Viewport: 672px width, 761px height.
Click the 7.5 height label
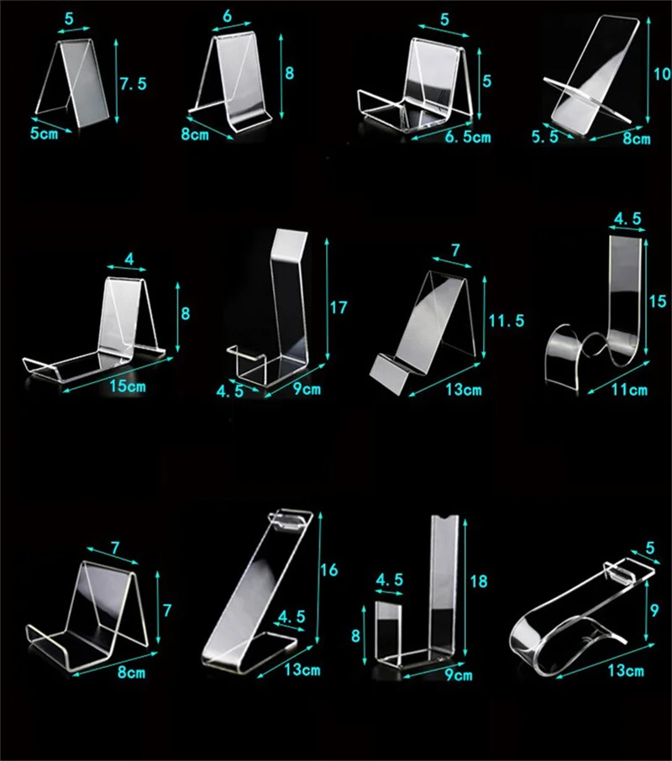point(134,83)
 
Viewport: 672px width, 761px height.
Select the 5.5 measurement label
point(544,137)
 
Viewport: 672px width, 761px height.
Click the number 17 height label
point(338,308)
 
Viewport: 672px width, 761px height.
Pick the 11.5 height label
point(506,320)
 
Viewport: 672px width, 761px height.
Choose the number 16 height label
point(329,570)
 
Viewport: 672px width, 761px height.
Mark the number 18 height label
point(479,580)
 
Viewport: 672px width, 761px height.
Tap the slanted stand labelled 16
point(252,596)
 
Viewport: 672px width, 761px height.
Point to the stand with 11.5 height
point(428,328)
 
